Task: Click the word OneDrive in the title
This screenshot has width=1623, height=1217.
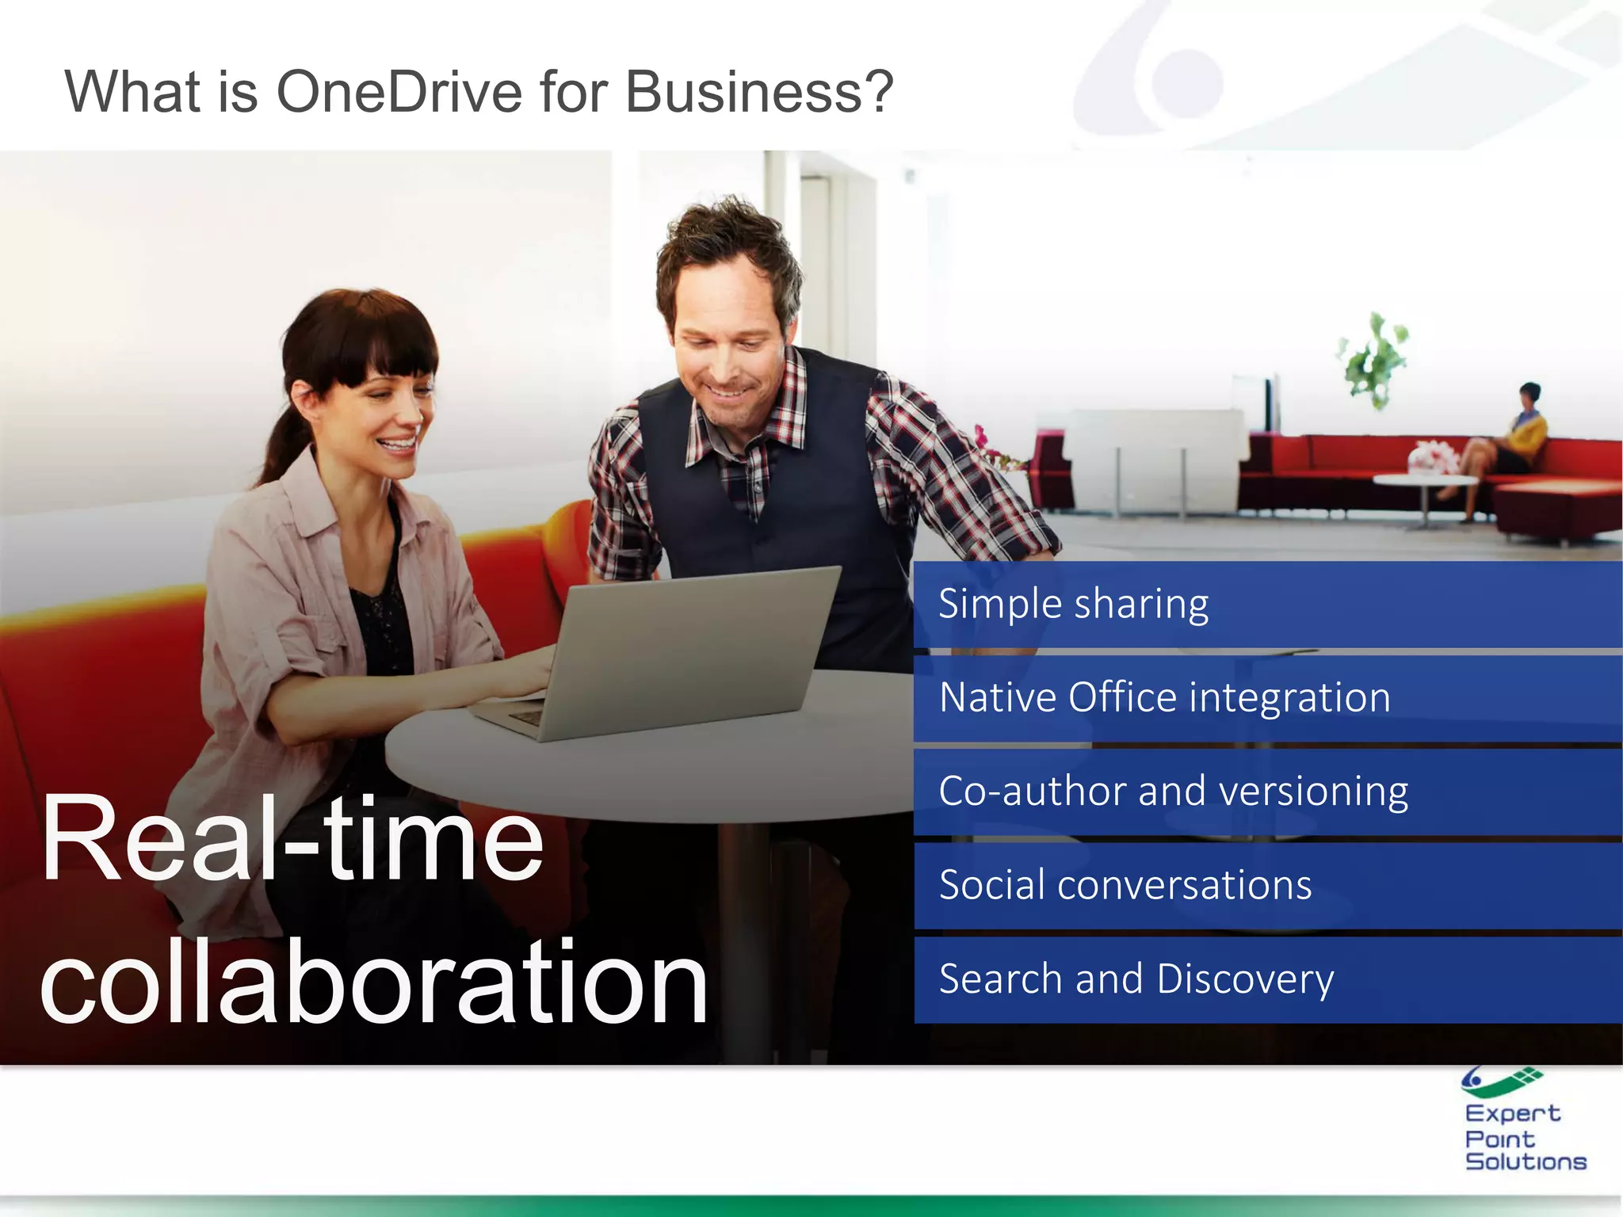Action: coord(399,92)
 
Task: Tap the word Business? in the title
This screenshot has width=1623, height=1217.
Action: coord(759,92)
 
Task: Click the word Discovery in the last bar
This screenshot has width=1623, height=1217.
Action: coord(1245,979)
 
